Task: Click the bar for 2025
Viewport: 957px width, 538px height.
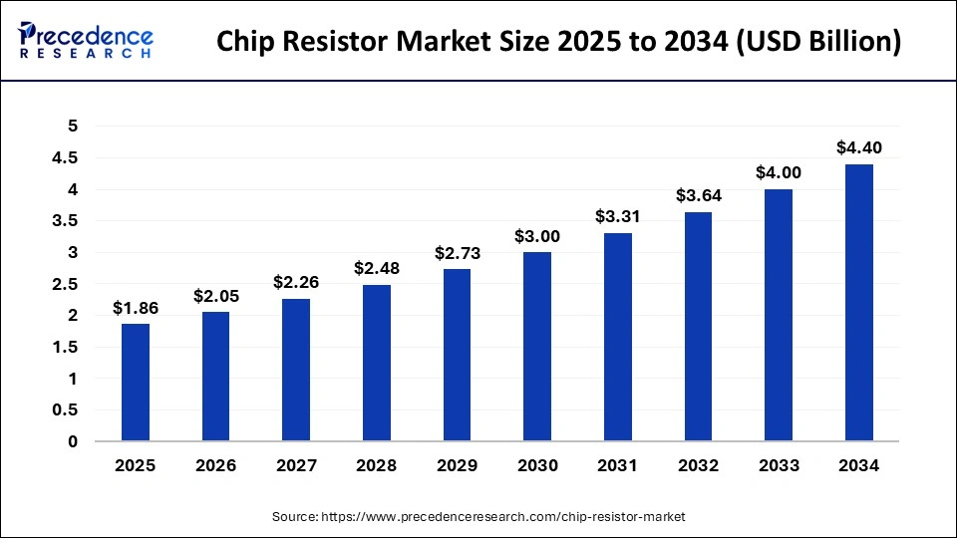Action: point(136,383)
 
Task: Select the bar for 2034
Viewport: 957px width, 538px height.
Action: point(858,303)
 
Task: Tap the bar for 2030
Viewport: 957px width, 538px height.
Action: point(537,347)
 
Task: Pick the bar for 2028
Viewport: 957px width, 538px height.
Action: point(377,363)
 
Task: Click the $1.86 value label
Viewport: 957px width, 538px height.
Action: point(136,308)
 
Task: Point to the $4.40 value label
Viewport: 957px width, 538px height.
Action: point(858,148)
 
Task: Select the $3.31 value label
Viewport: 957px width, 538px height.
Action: point(617,216)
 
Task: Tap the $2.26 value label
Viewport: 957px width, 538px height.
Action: point(296,283)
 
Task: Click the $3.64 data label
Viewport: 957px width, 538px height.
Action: point(698,195)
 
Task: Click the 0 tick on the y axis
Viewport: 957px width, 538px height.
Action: point(72,441)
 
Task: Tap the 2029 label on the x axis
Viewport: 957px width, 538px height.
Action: point(457,464)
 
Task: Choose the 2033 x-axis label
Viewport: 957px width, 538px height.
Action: point(779,464)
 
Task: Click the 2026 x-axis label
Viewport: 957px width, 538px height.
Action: point(215,464)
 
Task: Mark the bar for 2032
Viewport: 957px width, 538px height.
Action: point(698,327)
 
